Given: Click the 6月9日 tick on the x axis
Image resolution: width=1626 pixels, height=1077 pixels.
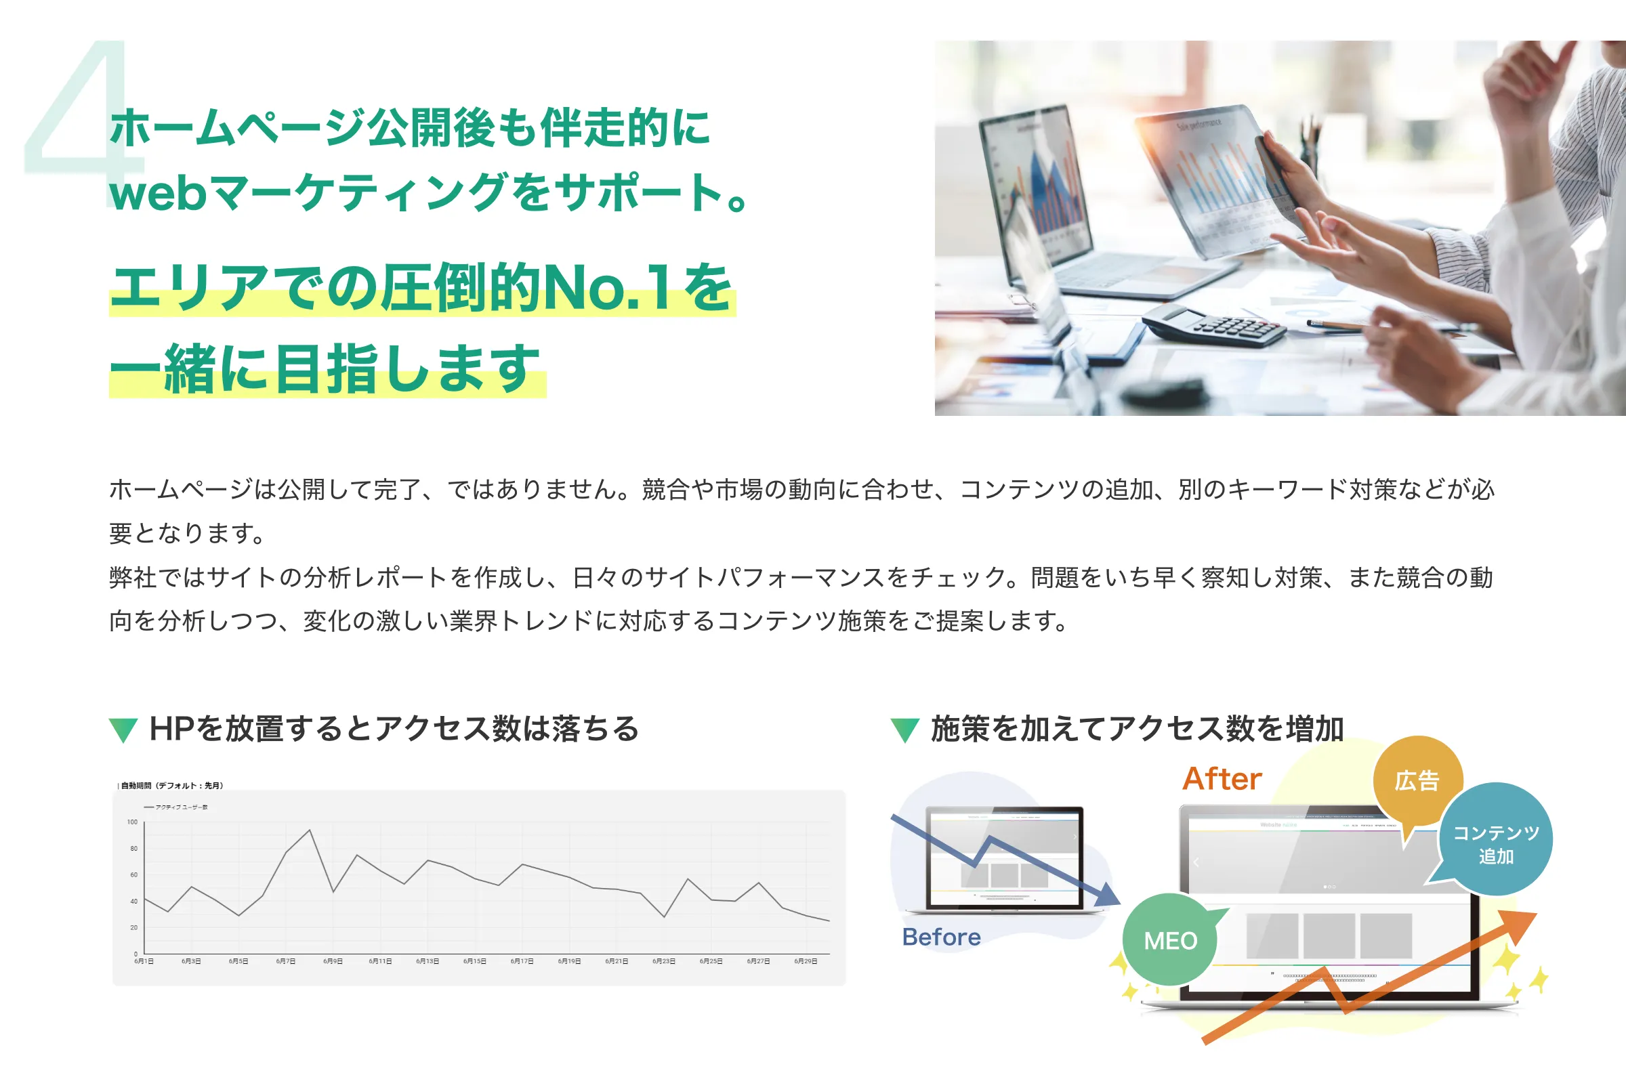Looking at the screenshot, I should (333, 961).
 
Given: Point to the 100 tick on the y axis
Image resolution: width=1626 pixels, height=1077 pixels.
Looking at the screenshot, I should (133, 822).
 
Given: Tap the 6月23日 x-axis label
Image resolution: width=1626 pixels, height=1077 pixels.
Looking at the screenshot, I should (663, 961).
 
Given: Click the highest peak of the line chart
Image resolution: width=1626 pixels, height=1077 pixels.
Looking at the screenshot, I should (310, 830).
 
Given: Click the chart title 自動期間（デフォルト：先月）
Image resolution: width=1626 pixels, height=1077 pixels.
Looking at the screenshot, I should (171, 785).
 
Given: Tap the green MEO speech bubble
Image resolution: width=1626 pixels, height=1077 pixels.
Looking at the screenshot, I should (1171, 939).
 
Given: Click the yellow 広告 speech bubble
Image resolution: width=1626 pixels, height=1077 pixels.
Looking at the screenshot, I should (1417, 781).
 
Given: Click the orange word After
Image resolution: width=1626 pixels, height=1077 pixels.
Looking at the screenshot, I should (1222, 779).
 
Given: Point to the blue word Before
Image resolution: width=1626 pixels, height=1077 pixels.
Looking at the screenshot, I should (941, 937).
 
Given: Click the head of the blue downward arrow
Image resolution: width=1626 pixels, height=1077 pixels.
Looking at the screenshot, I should (1107, 895).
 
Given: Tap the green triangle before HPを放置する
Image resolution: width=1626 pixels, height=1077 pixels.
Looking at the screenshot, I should (124, 730).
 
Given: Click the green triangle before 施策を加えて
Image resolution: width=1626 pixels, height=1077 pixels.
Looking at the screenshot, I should (904, 730).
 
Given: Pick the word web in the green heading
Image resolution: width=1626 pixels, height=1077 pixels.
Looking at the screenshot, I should (158, 193).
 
